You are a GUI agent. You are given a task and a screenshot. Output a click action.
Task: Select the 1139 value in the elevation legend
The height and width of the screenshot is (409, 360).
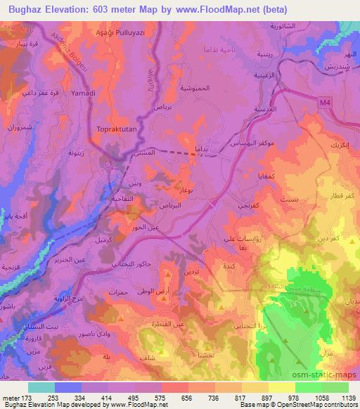[340, 398]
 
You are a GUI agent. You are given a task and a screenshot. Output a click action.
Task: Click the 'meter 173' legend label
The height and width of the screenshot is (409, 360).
[16, 398]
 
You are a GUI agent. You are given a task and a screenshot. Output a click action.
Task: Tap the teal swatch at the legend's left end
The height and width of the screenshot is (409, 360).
[41, 387]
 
